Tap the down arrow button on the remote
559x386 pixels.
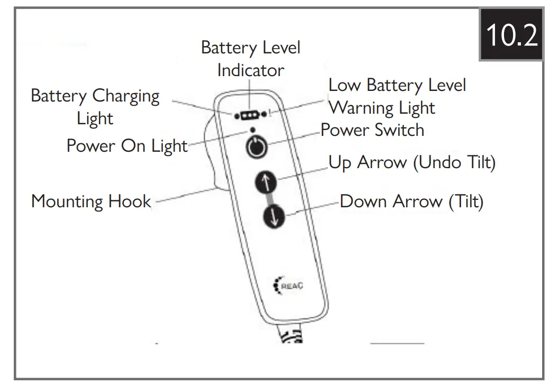coord(272,217)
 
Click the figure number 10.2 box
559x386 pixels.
coord(510,35)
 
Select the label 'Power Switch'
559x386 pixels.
coord(372,130)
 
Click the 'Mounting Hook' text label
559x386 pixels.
coord(91,201)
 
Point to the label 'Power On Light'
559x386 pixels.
coord(127,146)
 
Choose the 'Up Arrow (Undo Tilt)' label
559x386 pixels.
coord(412,162)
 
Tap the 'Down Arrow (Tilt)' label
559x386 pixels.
coord(411,201)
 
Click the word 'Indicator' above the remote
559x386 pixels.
coord(250,70)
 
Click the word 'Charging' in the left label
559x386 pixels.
coord(126,96)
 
